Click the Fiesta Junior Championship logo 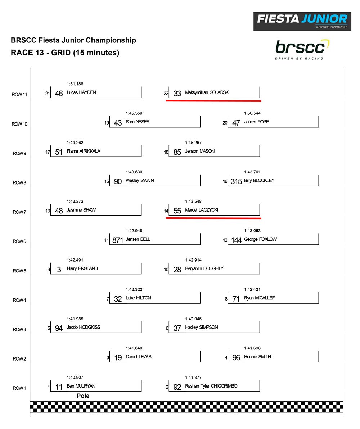coord(302,21)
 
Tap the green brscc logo coord(302,49)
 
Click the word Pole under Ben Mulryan coord(83,396)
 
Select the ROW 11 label coord(19,95)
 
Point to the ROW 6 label coord(19,241)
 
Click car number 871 coord(118,240)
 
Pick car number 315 coord(236,181)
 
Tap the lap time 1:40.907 coord(75,378)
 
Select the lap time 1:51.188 coord(75,84)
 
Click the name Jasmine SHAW coord(81,210)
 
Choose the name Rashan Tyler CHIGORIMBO coord(211,386)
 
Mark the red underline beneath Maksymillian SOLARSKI coord(213,101)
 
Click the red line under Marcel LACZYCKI coord(213,218)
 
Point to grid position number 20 coord(225,123)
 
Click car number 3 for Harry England coord(59,270)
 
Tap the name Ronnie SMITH coord(257,357)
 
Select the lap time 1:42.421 coord(252,289)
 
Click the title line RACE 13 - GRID coord(65,53)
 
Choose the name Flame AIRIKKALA coord(84,151)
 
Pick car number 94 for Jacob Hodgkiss coord(59,328)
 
